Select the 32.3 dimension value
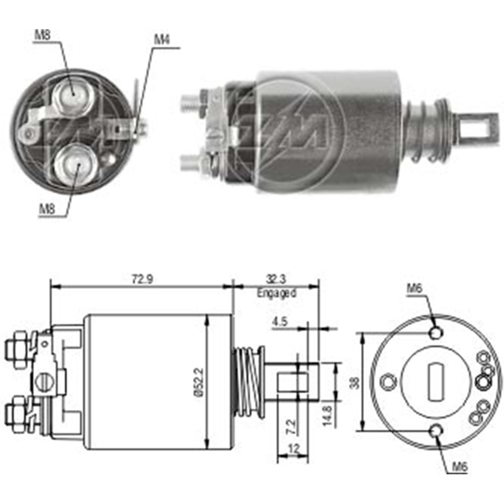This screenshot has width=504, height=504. click(276, 279)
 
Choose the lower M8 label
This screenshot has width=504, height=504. click(46, 210)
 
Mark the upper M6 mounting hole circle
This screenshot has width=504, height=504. click(436, 333)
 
